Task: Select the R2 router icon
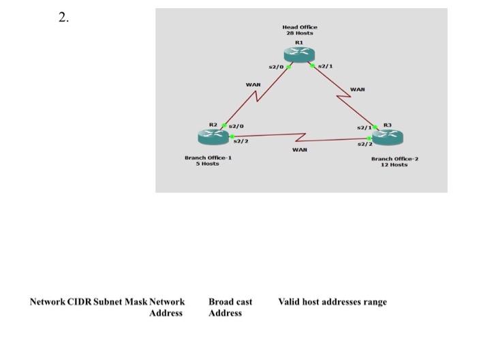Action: point(214,137)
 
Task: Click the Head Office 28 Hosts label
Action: point(300,30)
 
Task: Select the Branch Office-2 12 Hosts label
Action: point(395,162)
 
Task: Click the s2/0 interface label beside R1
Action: point(276,67)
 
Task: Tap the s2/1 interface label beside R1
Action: point(326,67)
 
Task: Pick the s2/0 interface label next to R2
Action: point(236,125)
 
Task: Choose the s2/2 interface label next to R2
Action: point(241,140)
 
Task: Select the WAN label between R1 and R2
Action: point(253,85)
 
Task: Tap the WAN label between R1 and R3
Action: point(358,89)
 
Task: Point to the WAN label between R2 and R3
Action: point(299,149)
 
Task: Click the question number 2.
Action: point(63,18)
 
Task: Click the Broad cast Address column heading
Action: point(230,307)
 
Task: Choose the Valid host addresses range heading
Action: point(332,302)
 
